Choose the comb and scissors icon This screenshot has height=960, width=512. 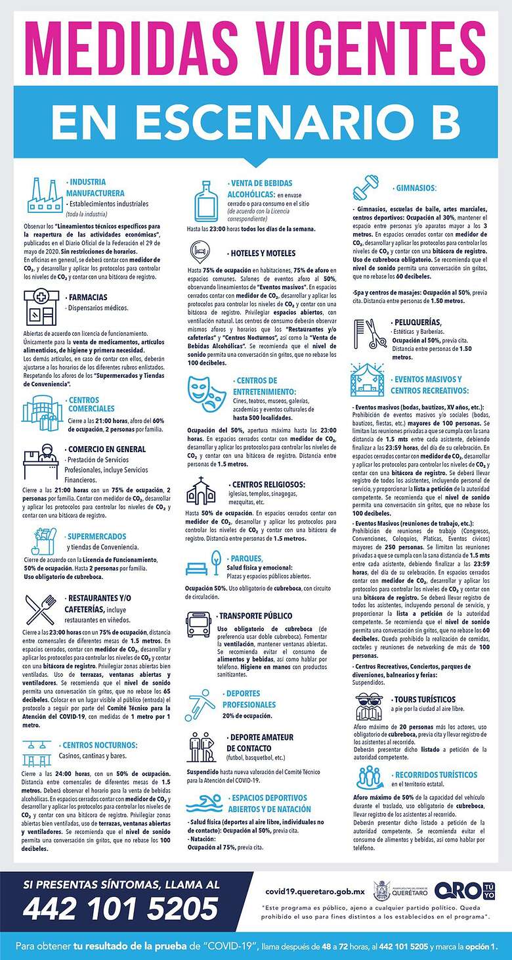(x=369, y=333)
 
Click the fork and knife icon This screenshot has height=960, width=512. (x=41, y=609)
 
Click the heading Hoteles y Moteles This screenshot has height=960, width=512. (x=263, y=253)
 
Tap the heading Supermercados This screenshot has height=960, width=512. (x=97, y=536)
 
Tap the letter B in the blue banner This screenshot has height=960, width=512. (x=445, y=122)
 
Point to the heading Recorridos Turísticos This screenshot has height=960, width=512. (x=436, y=775)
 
